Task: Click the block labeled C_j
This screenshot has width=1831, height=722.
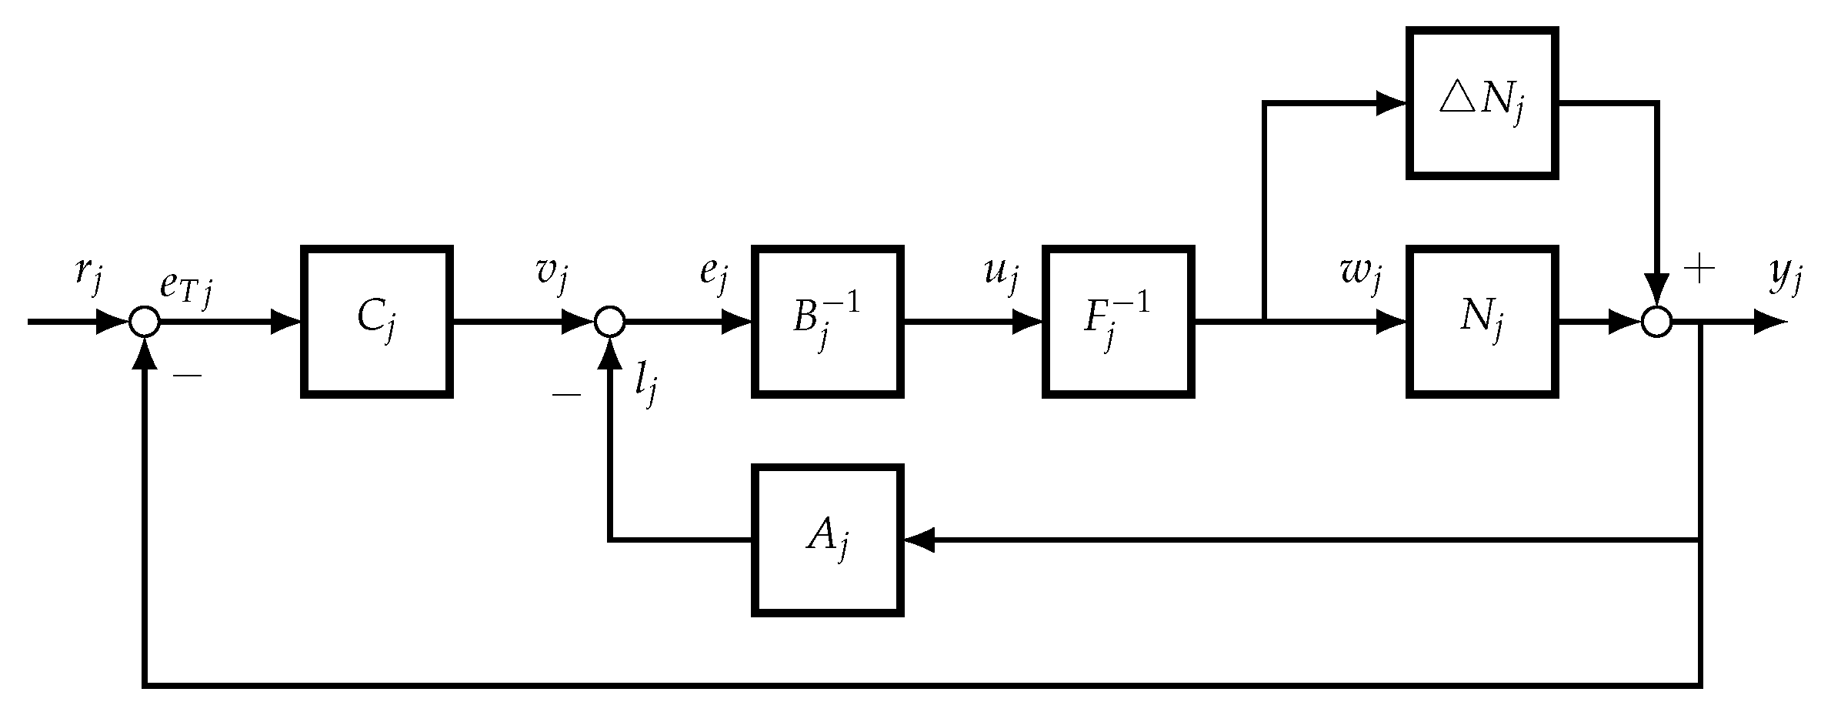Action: tap(376, 322)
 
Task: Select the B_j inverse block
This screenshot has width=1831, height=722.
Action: tap(827, 322)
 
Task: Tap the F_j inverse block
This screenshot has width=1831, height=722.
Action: tap(1118, 322)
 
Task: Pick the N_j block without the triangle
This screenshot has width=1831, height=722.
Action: tap(1482, 322)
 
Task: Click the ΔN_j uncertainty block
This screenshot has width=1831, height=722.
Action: tap(1482, 103)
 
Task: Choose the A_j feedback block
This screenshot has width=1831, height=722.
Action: tap(827, 540)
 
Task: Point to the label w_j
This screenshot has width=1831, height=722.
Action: tap(1361, 279)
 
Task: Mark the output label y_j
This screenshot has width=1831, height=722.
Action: tap(1785, 279)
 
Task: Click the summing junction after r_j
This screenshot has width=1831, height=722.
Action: tap(144, 322)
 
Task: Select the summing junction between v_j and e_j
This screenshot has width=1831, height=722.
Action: tap(609, 322)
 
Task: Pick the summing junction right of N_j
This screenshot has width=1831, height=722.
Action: tap(1656, 322)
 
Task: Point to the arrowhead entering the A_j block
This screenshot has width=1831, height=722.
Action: tap(919, 540)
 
